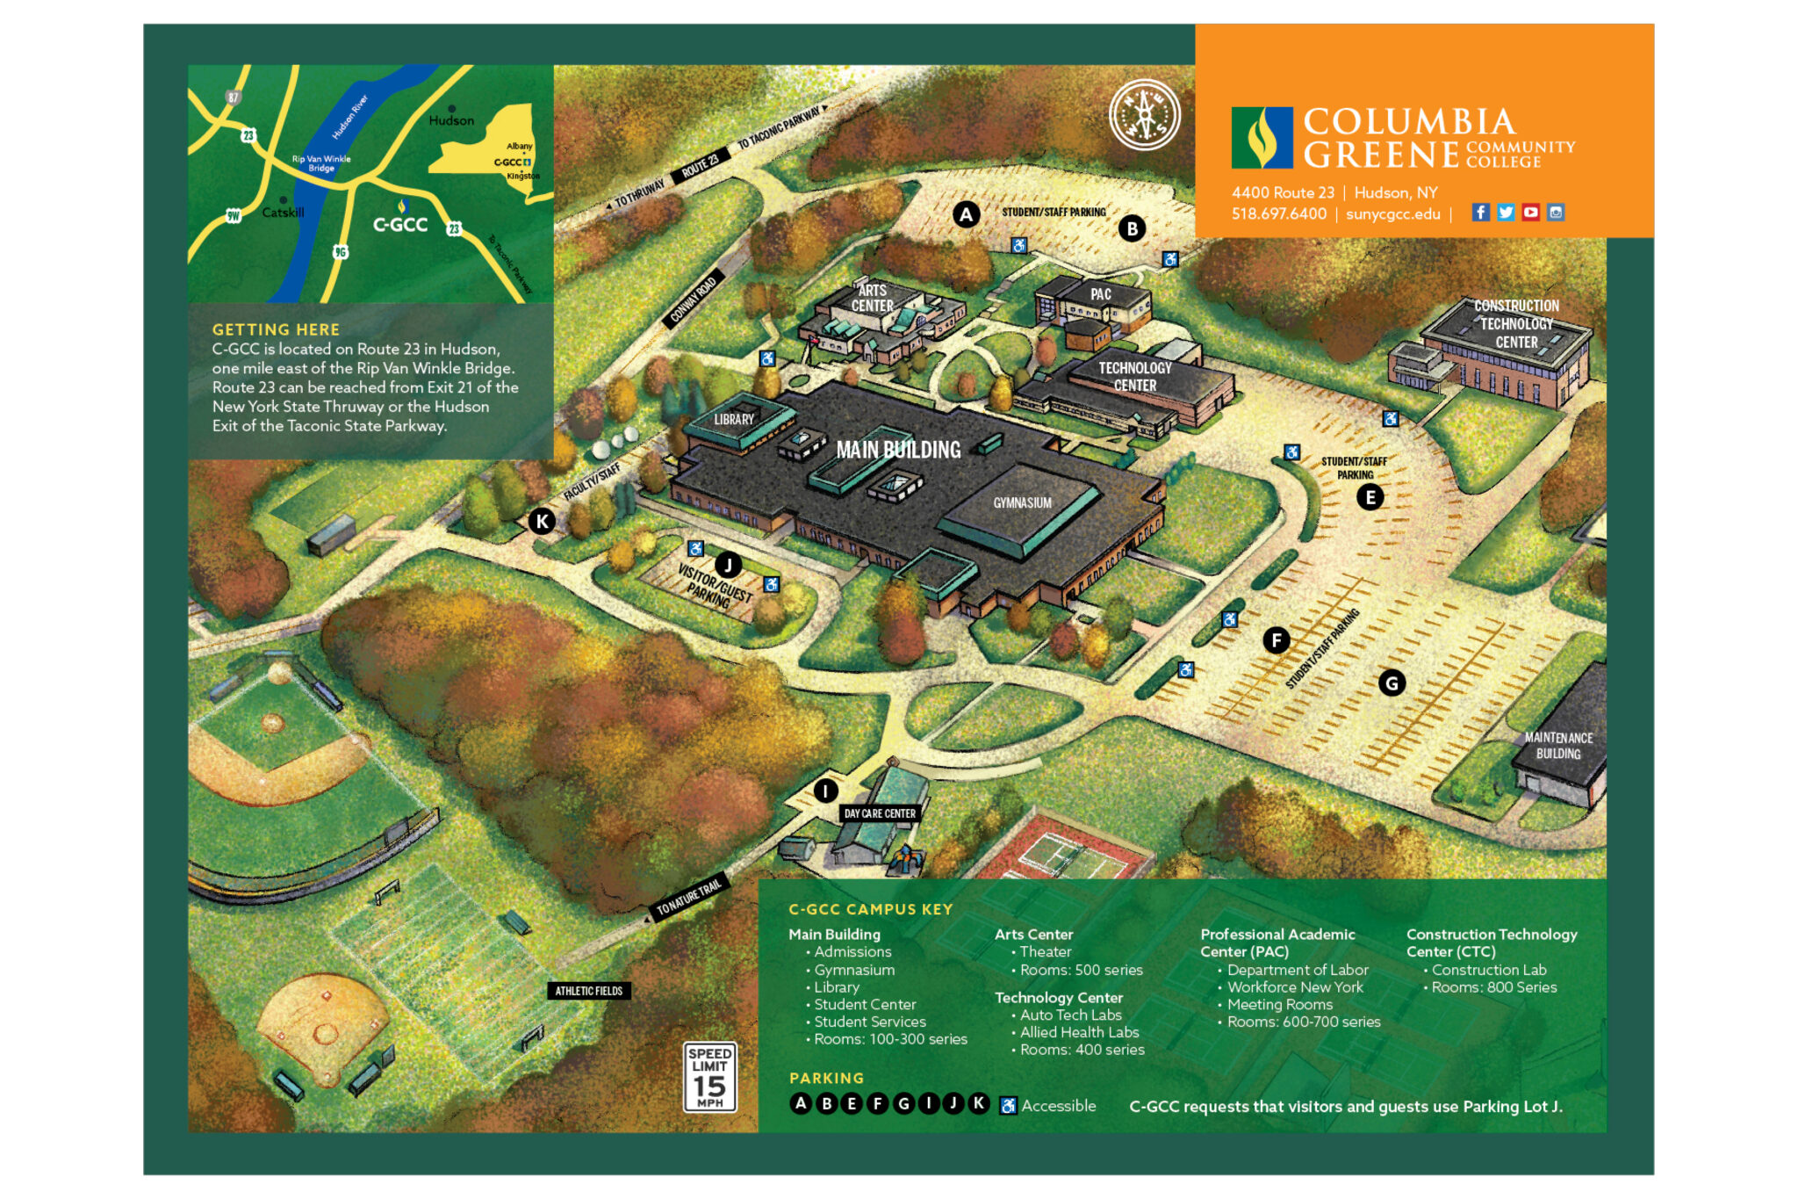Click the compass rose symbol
(x=1144, y=115)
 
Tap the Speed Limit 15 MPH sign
(x=709, y=1076)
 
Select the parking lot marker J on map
(x=728, y=565)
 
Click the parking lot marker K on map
(x=542, y=521)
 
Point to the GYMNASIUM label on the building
(x=1022, y=502)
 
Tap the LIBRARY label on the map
(x=733, y=419)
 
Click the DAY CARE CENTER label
(x=879, y=813)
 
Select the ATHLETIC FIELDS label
(x=588, y=991)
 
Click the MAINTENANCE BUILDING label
(x=1558, y=746)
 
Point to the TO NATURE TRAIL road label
(x=689, y=897)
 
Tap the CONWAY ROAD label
(x=694, y=300)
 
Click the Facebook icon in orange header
(x=1480, y=212)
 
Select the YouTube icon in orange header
(x=1530, y=212)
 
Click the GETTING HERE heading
(x=276, y=329)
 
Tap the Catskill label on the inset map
(x=283, y=213)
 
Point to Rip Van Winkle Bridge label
(x=321, y=163)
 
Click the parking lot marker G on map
(x=1392, y=683)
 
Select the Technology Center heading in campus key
(x=1058, y=997)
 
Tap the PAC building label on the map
(x=1100, y=294)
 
